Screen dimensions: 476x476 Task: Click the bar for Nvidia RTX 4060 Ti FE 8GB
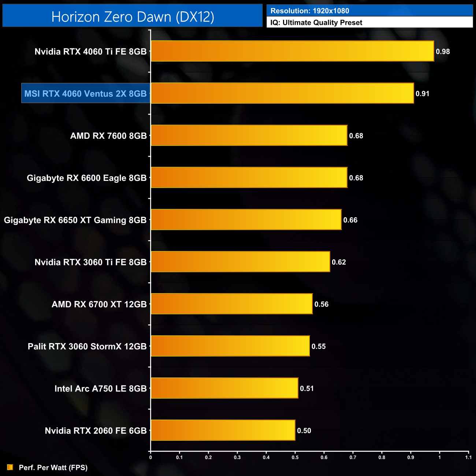[x=292, y=51]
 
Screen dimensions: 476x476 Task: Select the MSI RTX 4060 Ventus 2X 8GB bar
[x=282, y=93]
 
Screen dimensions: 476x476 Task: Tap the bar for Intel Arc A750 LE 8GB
[x=224, y=388]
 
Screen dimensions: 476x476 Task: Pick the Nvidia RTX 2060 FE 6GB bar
[x=223, y=430]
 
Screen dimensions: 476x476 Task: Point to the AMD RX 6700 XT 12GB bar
[x=232, y=304]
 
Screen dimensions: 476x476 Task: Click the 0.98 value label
[x=443, y=52]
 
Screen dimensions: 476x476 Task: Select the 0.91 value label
[x=422, y=94]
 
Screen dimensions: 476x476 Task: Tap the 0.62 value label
[x=339, y=262]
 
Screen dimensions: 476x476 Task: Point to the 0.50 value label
[x=304, y=431]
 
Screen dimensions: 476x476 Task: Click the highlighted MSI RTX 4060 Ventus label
[x=86, y=93]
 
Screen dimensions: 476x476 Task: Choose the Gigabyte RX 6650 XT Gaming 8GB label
[x=75, y=220]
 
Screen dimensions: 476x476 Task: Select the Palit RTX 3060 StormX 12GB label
[x=87, y=346]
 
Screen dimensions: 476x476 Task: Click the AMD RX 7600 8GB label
[x=108, y=136]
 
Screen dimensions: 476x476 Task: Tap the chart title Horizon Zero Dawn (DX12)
[x=133, y=16]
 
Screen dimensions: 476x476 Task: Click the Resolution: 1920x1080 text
[x=310, y=11]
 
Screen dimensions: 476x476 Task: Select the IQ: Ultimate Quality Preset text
[x=316, y=23]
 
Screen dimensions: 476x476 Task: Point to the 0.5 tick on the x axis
[x=295, y=457]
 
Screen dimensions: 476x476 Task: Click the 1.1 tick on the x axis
[x=468, y=457]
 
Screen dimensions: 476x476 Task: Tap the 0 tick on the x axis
[x=150, y=457]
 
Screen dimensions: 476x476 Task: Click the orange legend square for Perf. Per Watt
[x=10, y=467]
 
